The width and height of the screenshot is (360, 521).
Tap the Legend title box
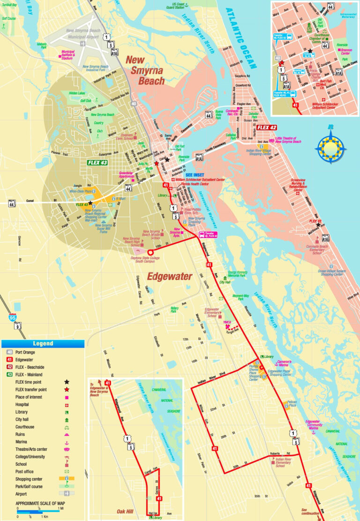point(43,343)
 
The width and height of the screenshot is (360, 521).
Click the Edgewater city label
point(170,276)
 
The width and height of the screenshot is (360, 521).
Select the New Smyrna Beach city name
point(145,70)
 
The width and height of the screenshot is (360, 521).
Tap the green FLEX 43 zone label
point(97,163)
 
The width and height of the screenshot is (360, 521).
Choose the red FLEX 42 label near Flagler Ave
point(267,127)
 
